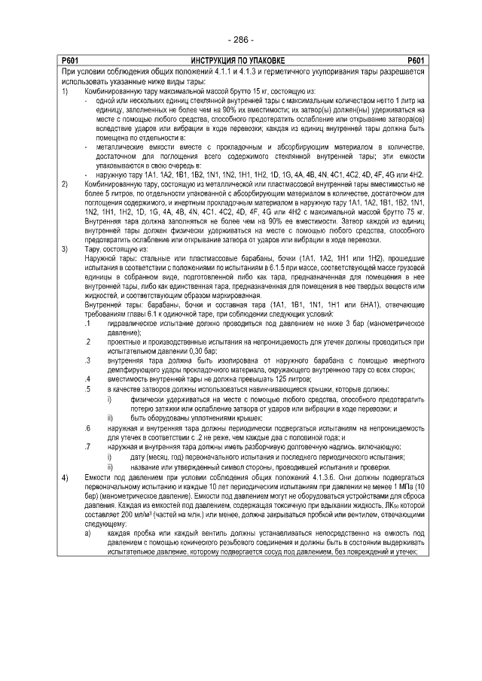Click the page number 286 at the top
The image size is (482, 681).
point(240,39)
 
